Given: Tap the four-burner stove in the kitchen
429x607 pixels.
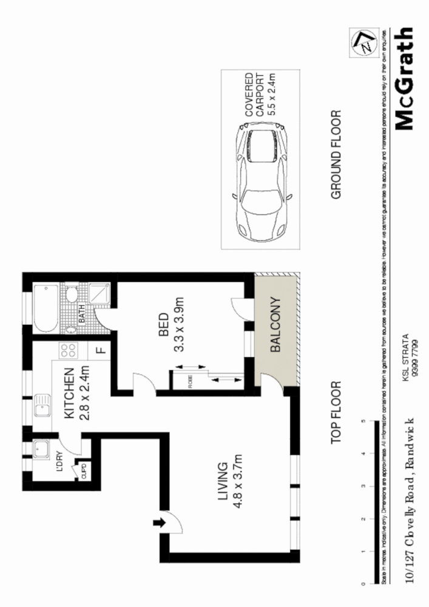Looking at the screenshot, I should tap(68, 351).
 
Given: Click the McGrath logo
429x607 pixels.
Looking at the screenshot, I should tap(404, 79).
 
